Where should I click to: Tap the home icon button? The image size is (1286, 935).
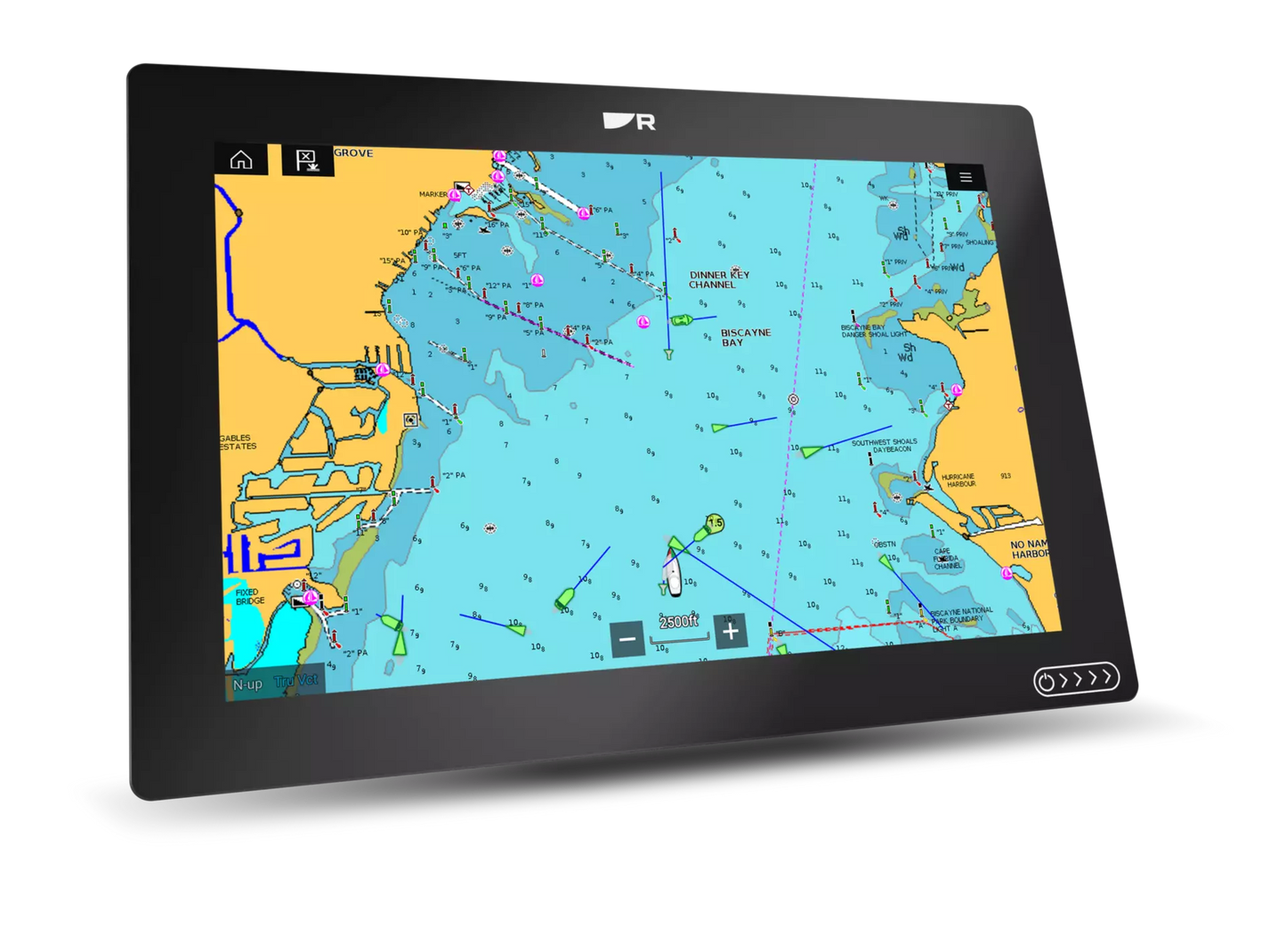[x=241, y=160]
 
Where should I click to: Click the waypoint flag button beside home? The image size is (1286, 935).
[x=306, y=161]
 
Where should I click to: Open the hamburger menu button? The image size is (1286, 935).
[x=966, y=177]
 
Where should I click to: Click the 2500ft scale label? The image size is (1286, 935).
[x=678, y=622]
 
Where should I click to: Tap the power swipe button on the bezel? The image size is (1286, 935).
[x=1076, y=681]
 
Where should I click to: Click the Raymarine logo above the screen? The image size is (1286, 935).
[x=629, y=121]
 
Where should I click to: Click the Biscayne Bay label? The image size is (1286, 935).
[x=745, y=337]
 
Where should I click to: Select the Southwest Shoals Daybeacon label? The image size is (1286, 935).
[x=884, y=445]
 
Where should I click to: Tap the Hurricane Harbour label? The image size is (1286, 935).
[x=958, y=480]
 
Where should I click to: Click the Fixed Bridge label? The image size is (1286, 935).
[x=249, y=596]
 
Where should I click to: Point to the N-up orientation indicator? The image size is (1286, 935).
[x=247, y=684]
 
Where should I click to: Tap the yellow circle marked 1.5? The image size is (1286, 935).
[x=715, y=523]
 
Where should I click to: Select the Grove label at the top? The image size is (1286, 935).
[x=353, y=153]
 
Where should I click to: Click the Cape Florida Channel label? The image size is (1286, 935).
[x=947, y=559]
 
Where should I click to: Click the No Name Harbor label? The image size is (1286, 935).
[x=1030, y=549]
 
